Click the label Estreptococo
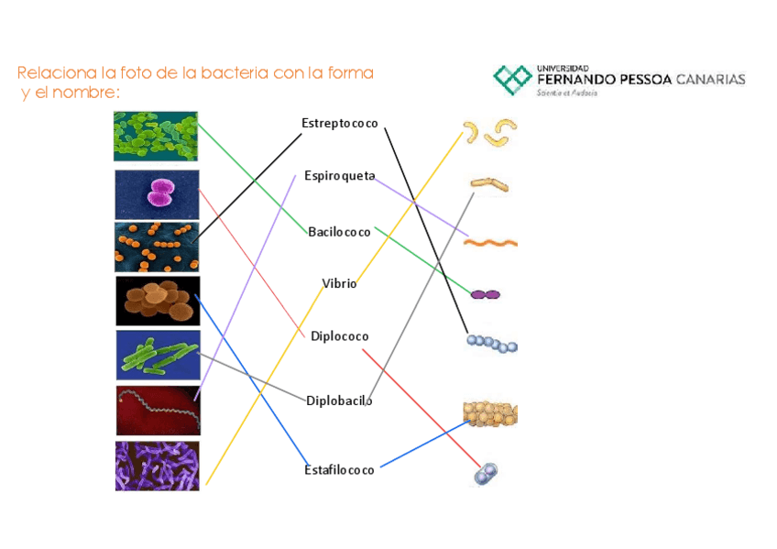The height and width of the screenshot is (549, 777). [x=339, y=124]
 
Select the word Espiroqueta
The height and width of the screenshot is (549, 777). [x=339, y=175]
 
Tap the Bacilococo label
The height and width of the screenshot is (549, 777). [x=339, y=232]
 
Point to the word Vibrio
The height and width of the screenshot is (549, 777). [x=339, y=284]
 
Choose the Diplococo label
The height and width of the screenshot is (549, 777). [x=339, y=336]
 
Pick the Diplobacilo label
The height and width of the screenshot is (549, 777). [x=339, y=401]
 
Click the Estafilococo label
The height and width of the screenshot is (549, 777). [x=339, y=470]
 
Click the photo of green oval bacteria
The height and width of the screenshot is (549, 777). [x=156, y=136]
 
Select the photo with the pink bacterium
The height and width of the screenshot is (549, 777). [x=157, y=194]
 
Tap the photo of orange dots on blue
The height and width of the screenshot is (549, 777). [x=157, y=247]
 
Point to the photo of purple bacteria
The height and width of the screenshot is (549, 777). [x=157, y=466]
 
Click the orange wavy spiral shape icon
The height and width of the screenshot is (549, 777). [x=491, y=243]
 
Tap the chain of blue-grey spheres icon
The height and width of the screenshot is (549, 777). [x=492, y=344]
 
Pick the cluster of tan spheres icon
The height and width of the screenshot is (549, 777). [x=490, y=413]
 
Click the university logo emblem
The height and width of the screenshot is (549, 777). [x=512, y=79]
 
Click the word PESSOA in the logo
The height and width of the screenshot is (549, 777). [x=638, y=79]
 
